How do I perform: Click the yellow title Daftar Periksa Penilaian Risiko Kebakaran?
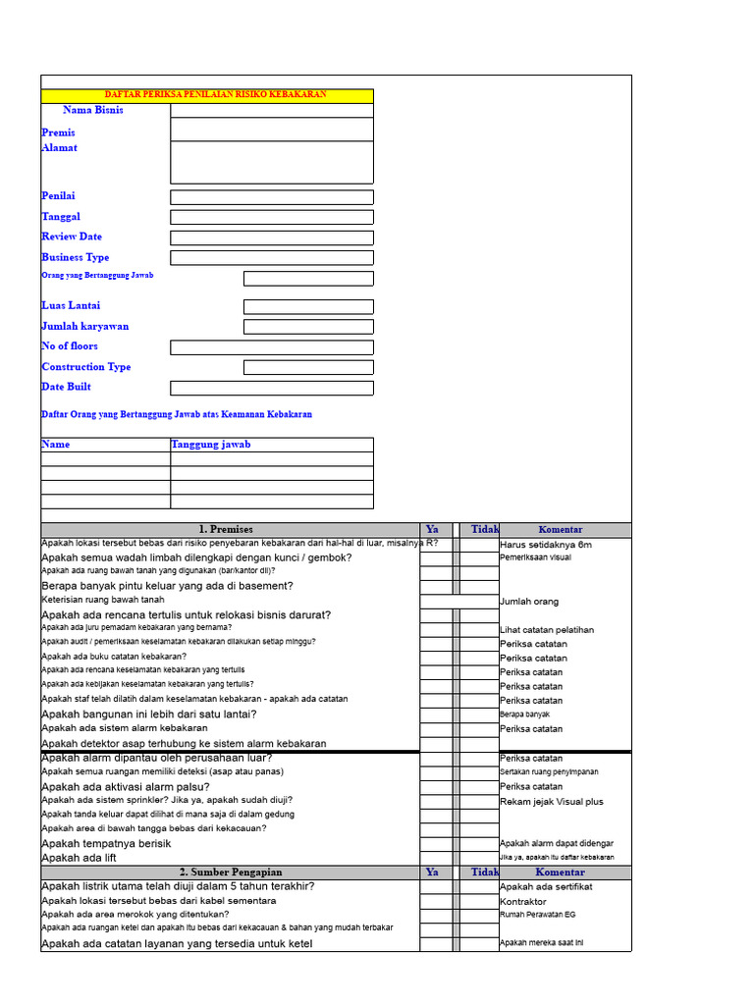tap(215, 95)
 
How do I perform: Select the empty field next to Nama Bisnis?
tap(271, 110)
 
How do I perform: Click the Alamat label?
tap(59, 147)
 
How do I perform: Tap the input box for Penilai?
tap(271, 197)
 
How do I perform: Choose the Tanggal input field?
tap(271, 217)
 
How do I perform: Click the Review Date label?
tap(71, 237)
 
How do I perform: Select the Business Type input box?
tap(271, 258)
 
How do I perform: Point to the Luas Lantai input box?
tap(308, 307)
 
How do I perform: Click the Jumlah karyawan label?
tap(84, 326)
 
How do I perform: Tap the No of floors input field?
tap(271, 347)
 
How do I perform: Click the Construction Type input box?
tap(308, 367)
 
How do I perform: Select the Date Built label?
tap(67, 387)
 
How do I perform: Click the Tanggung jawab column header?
tap(211, 445)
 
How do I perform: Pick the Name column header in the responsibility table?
tap(56, 445)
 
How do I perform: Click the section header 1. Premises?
tap(225, 530)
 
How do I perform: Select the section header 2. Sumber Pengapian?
tap(231, 873)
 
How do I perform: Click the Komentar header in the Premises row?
tap(560, 530)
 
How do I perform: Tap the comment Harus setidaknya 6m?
tap(546, 545)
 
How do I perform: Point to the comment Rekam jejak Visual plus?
tap(552, 802)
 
